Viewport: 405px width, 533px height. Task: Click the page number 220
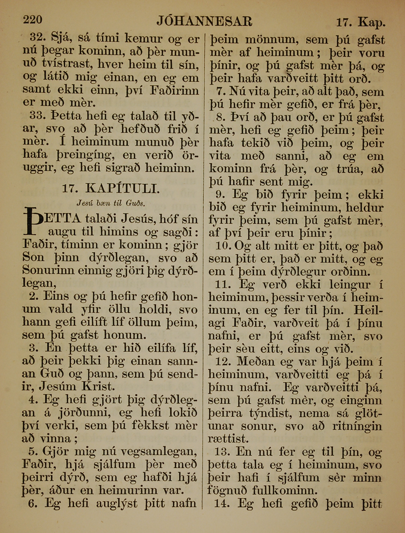pyautogui.click(x=32, y=20)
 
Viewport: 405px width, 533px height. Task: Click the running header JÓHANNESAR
pyautogui.click(x=204, y=21)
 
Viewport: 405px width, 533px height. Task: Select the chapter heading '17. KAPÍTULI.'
pyautogui.click(x=111, y=188)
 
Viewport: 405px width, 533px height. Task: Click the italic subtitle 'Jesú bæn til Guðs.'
pyautogui.click(x=111, y=203)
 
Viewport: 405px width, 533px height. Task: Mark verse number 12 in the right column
pyautogui.click(x=223, y=362)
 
